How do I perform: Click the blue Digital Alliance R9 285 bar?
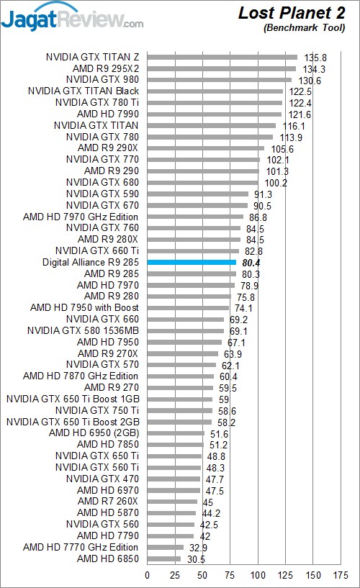(192, 263)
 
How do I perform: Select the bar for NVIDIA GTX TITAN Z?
(222, 58)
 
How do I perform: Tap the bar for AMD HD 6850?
(164, 558)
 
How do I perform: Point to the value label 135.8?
(315, 58)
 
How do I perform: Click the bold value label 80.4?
(251, 263)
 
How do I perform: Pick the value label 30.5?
(196, 559)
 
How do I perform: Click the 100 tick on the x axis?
(258, 575)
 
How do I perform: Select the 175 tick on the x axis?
(341, 575)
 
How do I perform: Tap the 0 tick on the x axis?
(147, 575)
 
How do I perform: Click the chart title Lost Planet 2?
(292, 13)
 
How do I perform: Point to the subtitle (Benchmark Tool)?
(304, 28)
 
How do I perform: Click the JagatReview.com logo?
(72, 17)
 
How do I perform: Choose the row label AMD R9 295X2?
(106, 68)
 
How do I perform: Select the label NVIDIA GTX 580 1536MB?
(83, 330)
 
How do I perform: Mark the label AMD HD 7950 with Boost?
(84, 307)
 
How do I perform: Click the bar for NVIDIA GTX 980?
(220, 80)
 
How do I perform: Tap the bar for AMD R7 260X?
(172, 502)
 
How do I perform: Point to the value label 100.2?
(276, 183)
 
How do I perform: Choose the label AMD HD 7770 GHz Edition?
(81, 547)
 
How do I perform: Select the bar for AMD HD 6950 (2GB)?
(176, 433)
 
